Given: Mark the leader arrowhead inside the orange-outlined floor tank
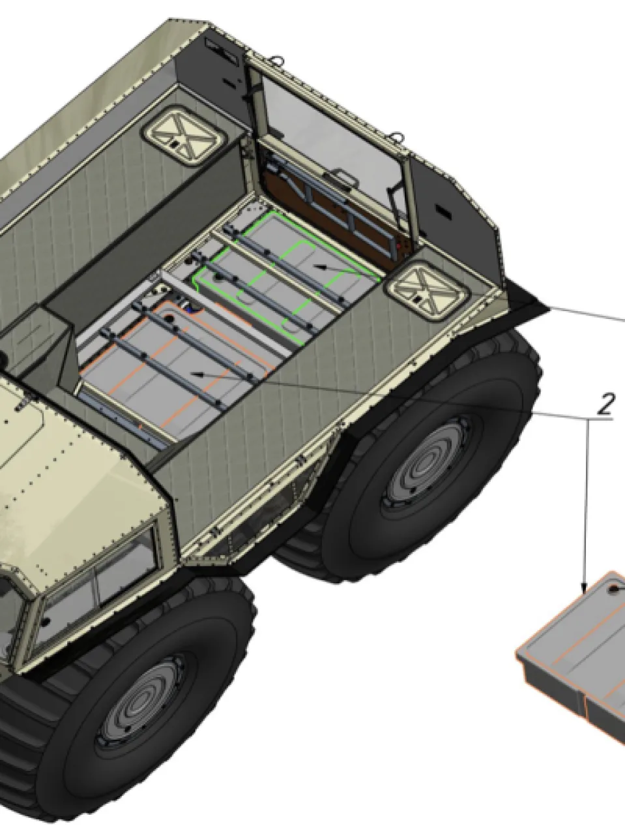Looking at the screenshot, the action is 197,374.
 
